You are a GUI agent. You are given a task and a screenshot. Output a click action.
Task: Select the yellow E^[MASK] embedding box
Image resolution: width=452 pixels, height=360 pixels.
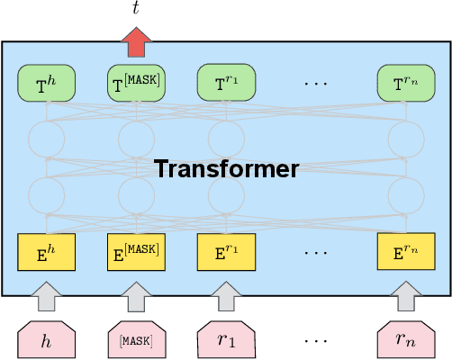click(x=136, y=251)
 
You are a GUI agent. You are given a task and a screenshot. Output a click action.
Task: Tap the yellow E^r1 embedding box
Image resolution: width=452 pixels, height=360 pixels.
click(x=226, y=251)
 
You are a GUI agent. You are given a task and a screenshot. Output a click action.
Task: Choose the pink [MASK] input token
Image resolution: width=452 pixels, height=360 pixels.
click(x=136, y=339)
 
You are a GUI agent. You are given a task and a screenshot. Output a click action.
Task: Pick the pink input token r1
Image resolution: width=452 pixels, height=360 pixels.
click(x=226, y=339)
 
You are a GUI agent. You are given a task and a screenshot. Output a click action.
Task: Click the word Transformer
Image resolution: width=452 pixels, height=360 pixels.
click(x=226, y=168)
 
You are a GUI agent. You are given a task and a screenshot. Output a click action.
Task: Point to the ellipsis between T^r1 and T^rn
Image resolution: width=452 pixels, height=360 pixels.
click(x=316, y=84)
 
